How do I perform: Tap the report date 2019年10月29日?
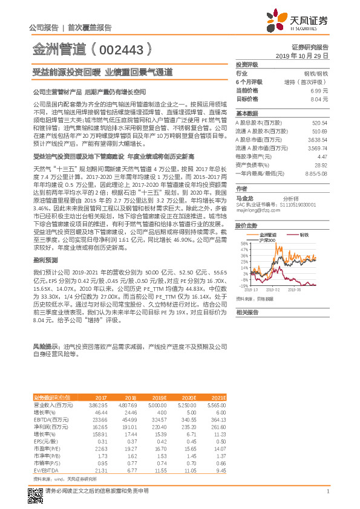click(306, 55)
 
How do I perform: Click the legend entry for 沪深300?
click(267, 240)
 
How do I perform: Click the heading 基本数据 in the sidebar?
click(246, 113)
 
